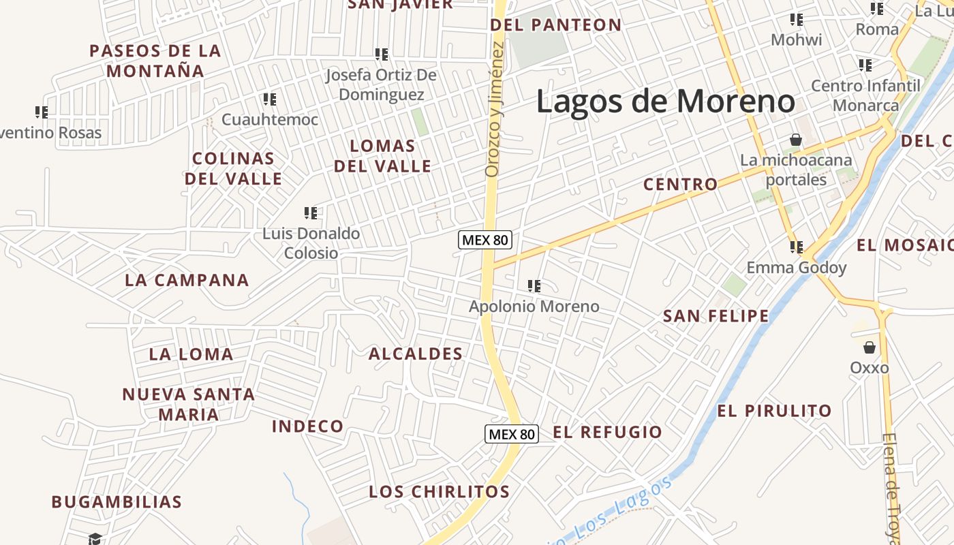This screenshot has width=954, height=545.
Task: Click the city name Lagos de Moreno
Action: (665, 102)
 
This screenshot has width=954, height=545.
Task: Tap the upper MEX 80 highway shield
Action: (485, 240)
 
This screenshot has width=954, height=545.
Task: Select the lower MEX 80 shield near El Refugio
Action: (511, 434)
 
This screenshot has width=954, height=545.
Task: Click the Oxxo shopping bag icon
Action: (869, 348)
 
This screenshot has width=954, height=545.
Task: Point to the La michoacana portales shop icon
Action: (795, 140)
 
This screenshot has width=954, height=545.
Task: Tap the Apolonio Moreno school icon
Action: (534, 286)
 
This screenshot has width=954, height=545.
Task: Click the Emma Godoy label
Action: (796, 267)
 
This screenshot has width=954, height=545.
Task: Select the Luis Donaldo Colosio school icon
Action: (311, 213)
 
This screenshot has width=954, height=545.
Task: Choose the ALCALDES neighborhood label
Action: (416, 354)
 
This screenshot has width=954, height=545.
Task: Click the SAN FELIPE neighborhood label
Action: (715, 316)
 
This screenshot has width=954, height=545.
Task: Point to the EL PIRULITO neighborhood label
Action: (774, 411)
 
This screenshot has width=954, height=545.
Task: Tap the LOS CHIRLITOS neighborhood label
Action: (439, 491)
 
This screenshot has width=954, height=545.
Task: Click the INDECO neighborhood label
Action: (308, 426)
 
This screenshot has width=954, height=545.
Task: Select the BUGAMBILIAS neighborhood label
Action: (117, 502)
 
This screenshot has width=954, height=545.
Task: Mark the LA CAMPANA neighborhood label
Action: (187, 280)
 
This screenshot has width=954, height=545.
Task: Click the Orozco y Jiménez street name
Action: (494, 109)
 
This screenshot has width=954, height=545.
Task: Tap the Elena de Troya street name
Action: (891, 487)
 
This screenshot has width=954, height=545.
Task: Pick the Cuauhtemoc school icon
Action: (270, 99)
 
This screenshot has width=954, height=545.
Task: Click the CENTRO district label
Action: (680, 184)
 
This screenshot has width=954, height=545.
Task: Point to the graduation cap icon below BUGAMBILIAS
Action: (95, 539)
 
